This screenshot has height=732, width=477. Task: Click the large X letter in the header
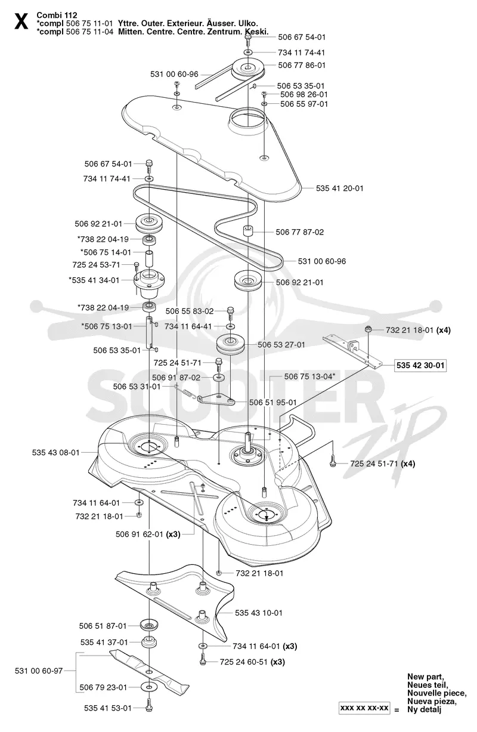(21, 21)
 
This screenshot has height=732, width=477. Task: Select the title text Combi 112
(57, 15)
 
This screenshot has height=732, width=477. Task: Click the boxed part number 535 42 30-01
(420, 365)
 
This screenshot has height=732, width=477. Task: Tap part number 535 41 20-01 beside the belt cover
(339, 189)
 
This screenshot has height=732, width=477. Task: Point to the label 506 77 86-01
(302, 66)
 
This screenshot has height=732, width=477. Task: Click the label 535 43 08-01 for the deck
(55, 453)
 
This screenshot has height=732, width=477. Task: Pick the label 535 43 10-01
(258, 613)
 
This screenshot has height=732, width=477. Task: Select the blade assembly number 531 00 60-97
(39, 671)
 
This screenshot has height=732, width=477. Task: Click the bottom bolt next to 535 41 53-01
(148, 708)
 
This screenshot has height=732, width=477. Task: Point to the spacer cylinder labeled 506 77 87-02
(247, 230)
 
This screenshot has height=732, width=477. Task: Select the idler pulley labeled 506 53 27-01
(230, 344)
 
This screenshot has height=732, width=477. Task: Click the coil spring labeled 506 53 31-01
(185, 391)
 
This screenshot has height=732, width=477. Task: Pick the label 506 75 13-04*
(309, 376)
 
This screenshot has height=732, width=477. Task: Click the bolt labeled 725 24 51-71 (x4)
(333, 462)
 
